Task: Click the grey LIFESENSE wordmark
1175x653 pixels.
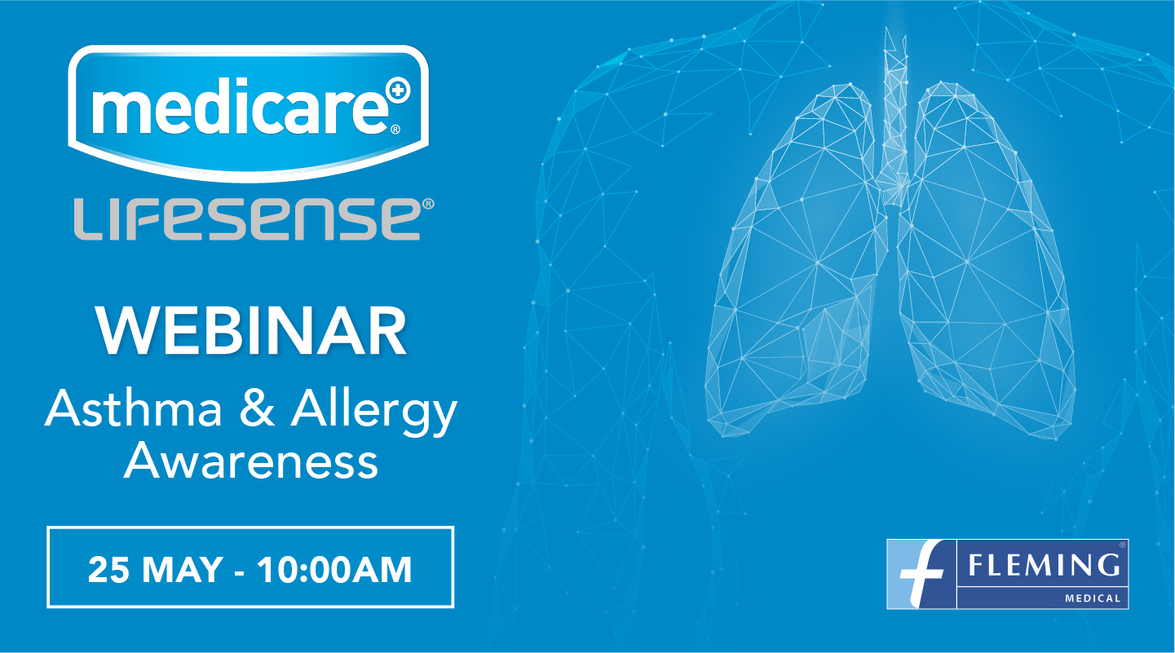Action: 246,219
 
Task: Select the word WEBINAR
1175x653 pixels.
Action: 250,332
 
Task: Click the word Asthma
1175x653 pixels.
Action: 134,408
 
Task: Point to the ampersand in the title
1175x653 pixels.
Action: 257,409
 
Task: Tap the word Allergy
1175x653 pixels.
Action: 374,413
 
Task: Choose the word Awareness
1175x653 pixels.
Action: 250,462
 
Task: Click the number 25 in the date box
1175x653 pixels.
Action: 108,570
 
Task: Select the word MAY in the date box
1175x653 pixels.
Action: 183,570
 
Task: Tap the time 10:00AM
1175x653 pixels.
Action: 334,570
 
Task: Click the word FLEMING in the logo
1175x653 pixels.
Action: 1044,566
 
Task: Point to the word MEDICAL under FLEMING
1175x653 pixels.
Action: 1093,598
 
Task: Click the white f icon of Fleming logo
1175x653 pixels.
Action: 921,574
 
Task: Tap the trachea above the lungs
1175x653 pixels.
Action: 895,116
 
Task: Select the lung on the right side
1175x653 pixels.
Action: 986,263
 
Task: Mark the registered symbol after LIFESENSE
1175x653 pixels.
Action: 428,204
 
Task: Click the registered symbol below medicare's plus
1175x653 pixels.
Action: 395,129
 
